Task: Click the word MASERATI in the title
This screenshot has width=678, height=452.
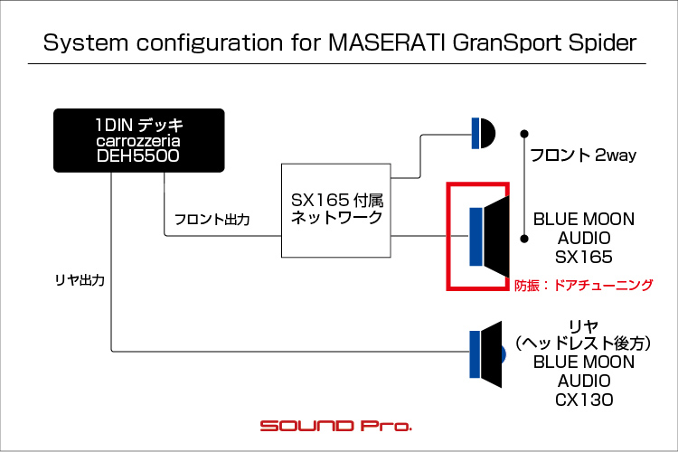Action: click(x=387, y=42)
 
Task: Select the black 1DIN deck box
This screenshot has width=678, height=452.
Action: click(x=139, y=141)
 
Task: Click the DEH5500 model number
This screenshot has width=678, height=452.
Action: click(x=138, y=155)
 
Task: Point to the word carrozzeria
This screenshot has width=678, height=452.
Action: click(x=138, y=141)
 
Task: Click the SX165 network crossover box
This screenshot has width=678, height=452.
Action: click(x=336, y=211)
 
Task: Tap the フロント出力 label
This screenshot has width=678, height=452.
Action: click(x=212, y=220)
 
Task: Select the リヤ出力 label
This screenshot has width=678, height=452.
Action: click(x=80, y=280)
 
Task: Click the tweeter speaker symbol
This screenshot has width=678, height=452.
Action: click(x=484, y=133)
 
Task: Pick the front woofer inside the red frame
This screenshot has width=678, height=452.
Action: click(x=489, y=237)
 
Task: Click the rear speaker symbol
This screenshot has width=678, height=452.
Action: click(x=487, y=354)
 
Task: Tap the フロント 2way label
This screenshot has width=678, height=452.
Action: click(x=583, y=155)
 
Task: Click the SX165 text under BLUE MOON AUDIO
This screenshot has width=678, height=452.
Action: click(x=584, y=257)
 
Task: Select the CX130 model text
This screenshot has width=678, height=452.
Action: click(x=584, y=400)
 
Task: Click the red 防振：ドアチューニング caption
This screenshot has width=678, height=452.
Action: click(x=583, y=285)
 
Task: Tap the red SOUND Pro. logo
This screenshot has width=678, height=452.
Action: click(x=336, y=426)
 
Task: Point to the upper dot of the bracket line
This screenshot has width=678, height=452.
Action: click(x=524, y=134)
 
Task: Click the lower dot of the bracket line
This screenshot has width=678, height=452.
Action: click(x=524, y=239)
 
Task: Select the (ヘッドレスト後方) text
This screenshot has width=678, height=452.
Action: click(x=584, y=343)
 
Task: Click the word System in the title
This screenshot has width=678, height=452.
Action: click(x=86, y=42)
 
